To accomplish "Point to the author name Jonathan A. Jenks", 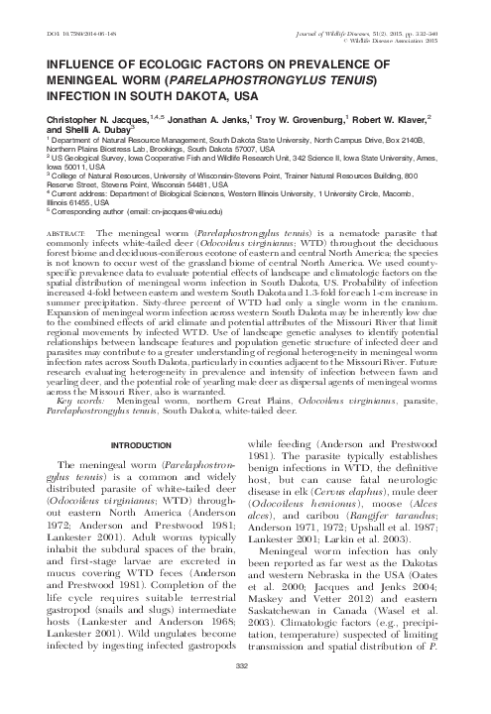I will point(185,116).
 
